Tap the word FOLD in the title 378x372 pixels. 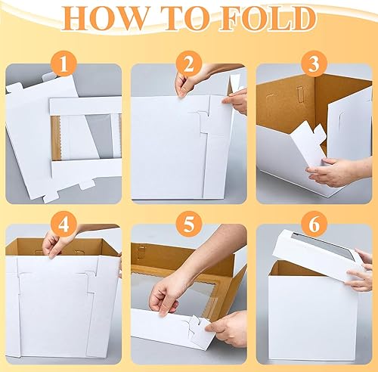tap(268, 19)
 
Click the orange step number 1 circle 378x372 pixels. tap(64, 64)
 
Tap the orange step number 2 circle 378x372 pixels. tap(189, 64)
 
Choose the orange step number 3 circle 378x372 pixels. tap(314, 64)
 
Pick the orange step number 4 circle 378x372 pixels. tap(64, 224)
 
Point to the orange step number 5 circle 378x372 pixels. tap(189, 224)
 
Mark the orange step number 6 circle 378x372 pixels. tap(314, 224)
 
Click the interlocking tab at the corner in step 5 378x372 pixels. tap(199, 327)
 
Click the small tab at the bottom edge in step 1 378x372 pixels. tap(88, 185)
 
